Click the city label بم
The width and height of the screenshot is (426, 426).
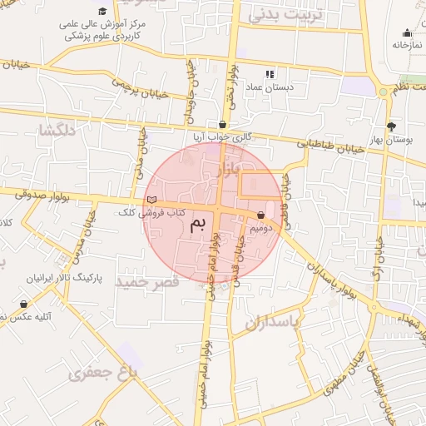(x=197, y=225)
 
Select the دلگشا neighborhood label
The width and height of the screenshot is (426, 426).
(x=57, y=130)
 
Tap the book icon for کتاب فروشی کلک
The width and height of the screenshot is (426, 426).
(x=151, y=200)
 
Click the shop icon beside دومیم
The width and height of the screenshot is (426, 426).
(x=262, y=215)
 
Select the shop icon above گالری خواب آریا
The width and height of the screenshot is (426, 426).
(x=222, y=125)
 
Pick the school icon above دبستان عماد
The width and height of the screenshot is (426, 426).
(x=269, y=74)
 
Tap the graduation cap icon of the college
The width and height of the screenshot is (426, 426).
(x=102, y=12)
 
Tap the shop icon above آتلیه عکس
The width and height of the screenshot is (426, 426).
(x=23, y=305)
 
